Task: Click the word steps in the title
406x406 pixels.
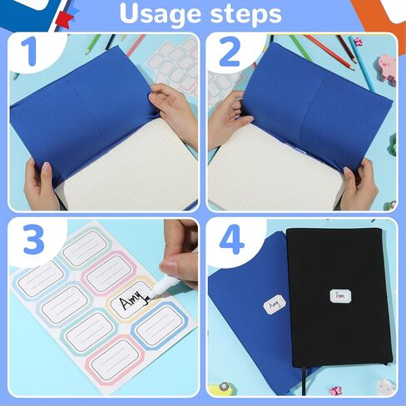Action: (x=242, y=14)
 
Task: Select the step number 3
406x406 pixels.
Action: (x=32, y=240)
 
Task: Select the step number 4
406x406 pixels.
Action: (x=230, y=240)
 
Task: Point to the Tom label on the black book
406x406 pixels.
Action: (x=339, y=295)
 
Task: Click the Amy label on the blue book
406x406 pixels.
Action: (x=275, y=304)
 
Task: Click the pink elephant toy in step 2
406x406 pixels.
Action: (x=386, y=67)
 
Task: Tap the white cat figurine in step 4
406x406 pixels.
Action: (x=385, y=385)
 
